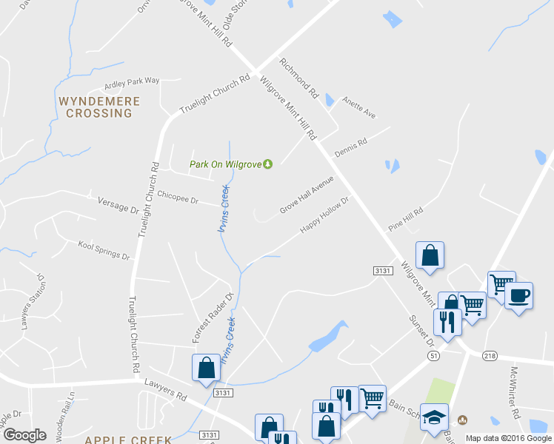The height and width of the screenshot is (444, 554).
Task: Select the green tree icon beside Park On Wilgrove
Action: coord(268,164)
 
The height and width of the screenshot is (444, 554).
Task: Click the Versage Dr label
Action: coord(119,203)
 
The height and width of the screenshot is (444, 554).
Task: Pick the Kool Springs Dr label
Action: coord(104,249)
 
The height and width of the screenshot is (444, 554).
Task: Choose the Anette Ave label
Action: coord(359,110)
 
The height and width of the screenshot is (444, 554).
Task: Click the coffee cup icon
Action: coord(518,296)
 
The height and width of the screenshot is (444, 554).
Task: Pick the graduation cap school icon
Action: coord(435,417)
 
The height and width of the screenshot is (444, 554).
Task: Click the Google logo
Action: coord(25,435)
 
